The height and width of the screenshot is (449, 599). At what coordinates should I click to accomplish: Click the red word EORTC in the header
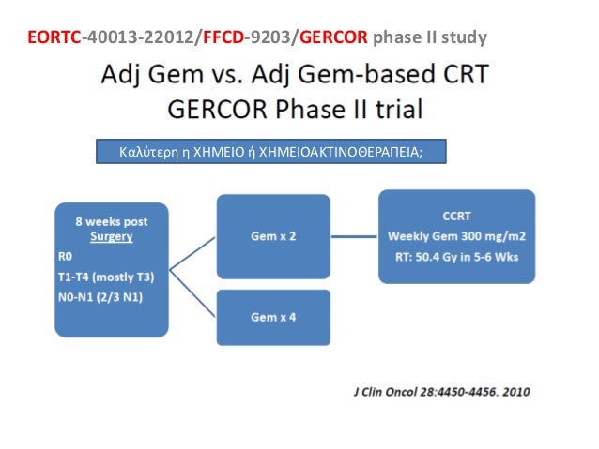(x=54, y=38)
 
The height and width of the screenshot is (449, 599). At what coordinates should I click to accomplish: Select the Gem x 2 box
(x=273, y=237)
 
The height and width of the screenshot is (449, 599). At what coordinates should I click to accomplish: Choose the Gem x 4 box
(x=273, y=317)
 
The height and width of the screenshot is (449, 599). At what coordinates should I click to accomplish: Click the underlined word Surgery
(x=111, y=237)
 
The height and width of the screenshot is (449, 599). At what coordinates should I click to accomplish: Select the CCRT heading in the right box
(x=456, y=215)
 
